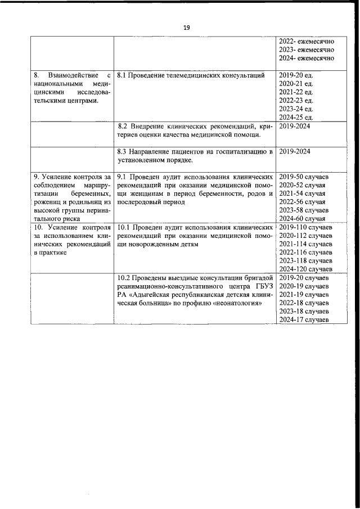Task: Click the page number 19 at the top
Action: pyautogui.click(x=187, y=27)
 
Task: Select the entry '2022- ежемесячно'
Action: pyautogui.click(x=307, y=42)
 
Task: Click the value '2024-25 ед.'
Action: pyautogui.click(x=296, y=118)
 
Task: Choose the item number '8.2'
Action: pyautogui.click(x=124, y=127)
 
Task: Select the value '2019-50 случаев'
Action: pyautogui.click(x=304, y=176)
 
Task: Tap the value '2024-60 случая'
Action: pyautogui.click(x=303, y=219)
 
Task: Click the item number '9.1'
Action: pyautogui.click(x=123, y=176)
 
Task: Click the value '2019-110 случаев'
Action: pyautogui.click(x=306, y=227)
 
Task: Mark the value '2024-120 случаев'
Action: pyautogui.click(x=306, y=269)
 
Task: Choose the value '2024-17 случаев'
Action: pyautogui.click(x=304, y=320)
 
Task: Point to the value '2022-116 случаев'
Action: pyautogui.click(x=306, y=253)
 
